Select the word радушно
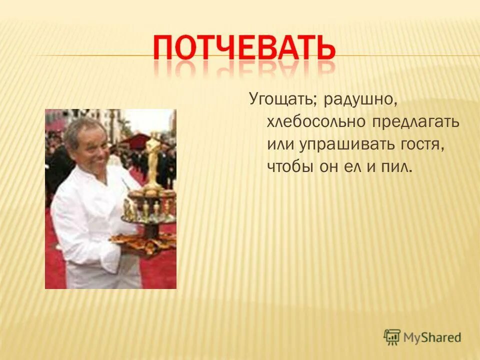pyautogui.click(x=360, y=100)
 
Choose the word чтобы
pyautogui.click(x=291, y=166)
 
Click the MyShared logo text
pyautogui.click(x=432, y=337)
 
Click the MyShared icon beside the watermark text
pyautogui.click(x=392, y=337)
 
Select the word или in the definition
pyautogui.click(x=281, y=144)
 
